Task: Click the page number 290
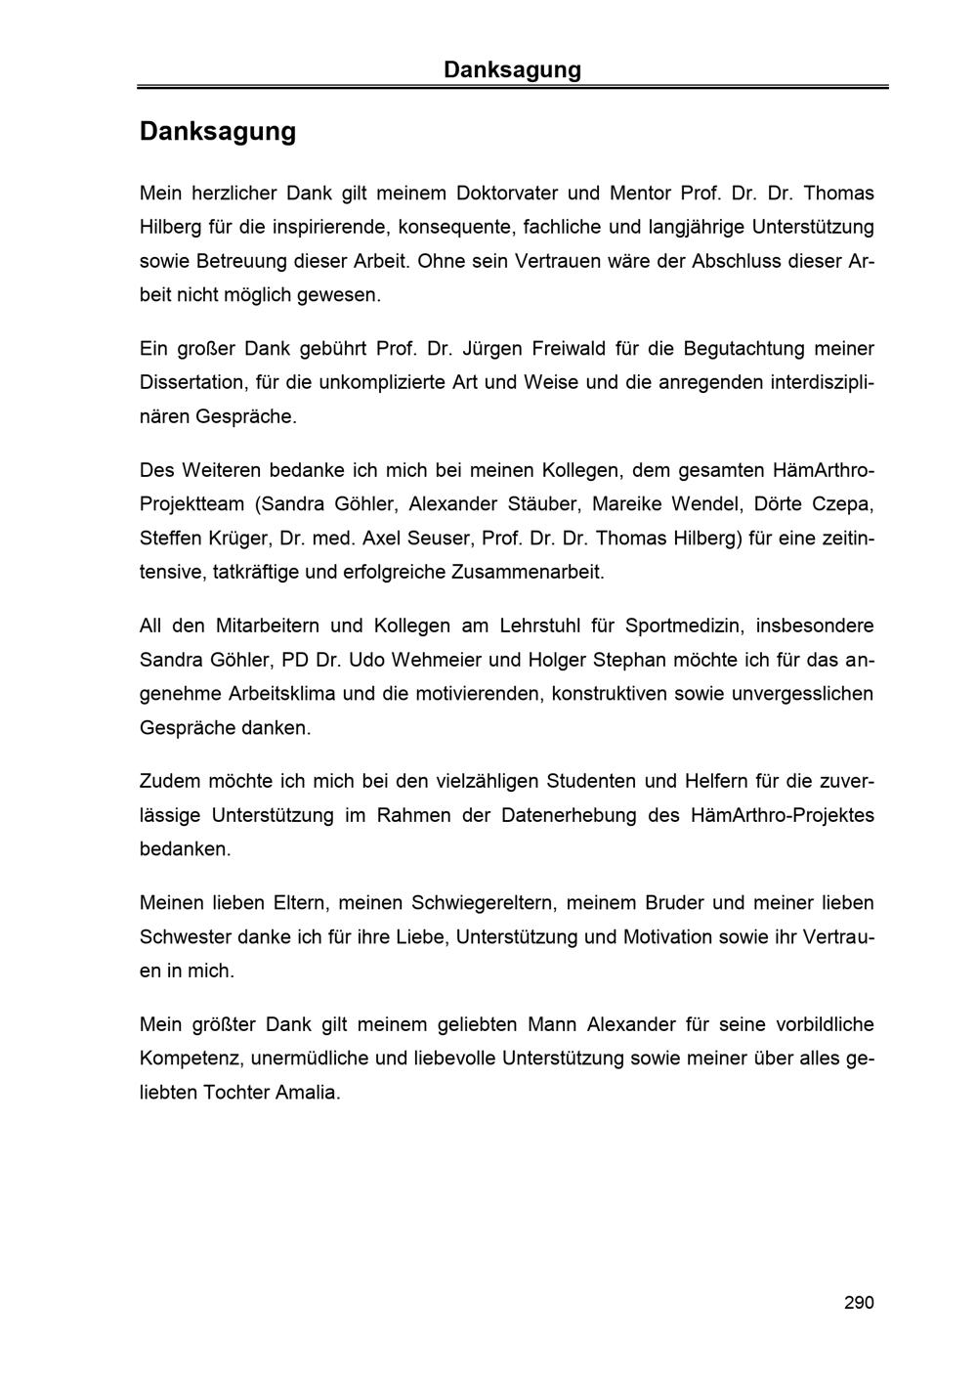click(859, 1302)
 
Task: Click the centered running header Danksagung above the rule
click(512, 69)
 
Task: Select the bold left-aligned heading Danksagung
click(217, 131)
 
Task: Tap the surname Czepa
click(843, 503)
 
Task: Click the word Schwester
click(182, 936)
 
